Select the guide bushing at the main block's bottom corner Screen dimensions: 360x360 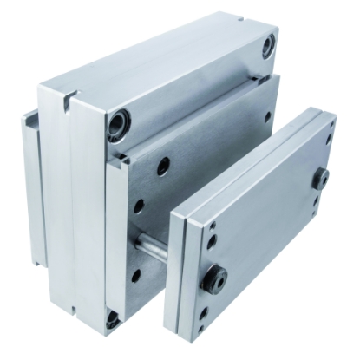(x=112, y=320)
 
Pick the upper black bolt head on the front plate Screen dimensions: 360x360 (x=321, y=179)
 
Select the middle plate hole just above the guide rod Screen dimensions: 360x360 (x=138, y=206)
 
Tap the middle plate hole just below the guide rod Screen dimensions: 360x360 (x=135, y=276)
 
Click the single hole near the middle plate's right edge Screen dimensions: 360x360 (x=266, y=115)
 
